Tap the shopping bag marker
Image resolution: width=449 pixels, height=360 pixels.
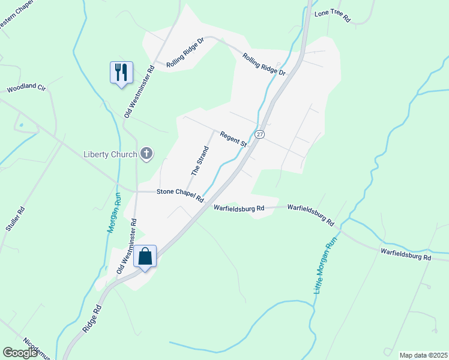[x=145, y=256]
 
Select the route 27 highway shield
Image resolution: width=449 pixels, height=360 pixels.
[x=259, y=134]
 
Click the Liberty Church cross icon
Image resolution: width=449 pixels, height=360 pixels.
[x=146, y=154]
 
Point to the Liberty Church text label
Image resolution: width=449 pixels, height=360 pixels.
[x=110, y=154]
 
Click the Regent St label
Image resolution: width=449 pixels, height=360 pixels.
[x=234, y=139]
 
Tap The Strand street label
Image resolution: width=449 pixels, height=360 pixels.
[x=200, y=159]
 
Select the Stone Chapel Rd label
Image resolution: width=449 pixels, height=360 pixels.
[x=180, y=195]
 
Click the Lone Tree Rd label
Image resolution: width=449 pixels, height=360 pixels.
[x=332, y=15]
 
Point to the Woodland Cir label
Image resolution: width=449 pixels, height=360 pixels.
[x=26, y=89]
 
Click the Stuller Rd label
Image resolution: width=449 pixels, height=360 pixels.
[x=14, y=218]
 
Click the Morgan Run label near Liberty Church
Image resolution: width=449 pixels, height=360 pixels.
[x=113, y=212]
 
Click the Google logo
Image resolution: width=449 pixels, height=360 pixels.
[x=20, y=353]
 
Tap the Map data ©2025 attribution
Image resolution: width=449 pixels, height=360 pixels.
[x=423, y=355]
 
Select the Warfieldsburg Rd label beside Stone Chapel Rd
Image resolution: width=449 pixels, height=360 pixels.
[x=239, y=208]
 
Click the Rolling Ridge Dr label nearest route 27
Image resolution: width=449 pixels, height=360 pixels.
[x=264, y=64]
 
